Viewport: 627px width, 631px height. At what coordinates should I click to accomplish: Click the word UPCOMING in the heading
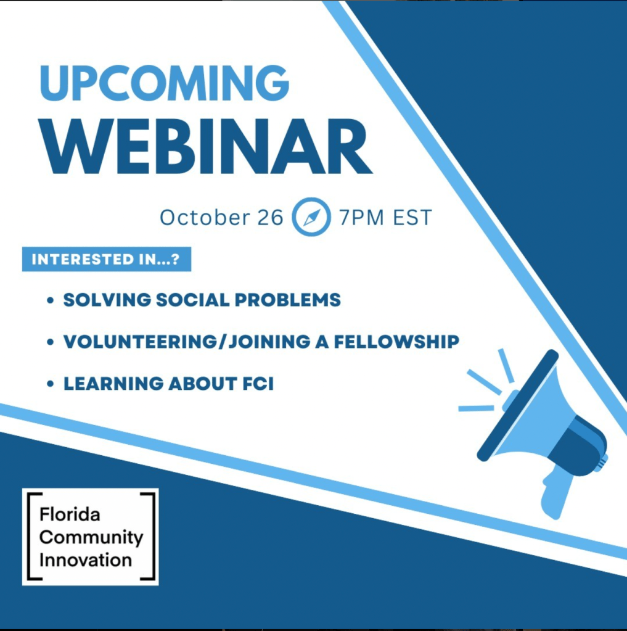pos(164,83)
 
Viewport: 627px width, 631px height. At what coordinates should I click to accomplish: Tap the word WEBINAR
pos(205,146)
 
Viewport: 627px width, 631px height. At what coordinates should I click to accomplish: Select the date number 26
pos(270,217)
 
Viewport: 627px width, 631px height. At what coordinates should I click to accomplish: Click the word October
pos(205,217)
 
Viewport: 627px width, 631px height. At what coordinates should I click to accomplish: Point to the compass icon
pos(311,217)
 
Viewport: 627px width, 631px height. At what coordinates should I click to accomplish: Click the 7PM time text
pos(361,218)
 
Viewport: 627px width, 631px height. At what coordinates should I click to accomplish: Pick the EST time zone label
pos(412,218)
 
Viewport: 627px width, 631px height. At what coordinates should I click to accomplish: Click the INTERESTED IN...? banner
pos(107,259)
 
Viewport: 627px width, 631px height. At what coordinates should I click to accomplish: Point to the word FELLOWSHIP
pos(396,342)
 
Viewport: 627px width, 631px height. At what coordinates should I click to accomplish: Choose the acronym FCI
pos(258,384)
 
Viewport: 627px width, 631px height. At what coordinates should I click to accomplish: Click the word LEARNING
pos(113,384)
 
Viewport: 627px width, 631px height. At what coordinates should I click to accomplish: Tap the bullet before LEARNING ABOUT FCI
pos(51,384)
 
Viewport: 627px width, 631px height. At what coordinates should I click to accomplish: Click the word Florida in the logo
pos(70,514)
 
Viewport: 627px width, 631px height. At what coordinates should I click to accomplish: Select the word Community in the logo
pos(91,538)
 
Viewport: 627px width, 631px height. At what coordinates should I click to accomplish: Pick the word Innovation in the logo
pos(86,561)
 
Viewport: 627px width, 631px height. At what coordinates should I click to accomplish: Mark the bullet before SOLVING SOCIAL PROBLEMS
pos(51,300)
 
